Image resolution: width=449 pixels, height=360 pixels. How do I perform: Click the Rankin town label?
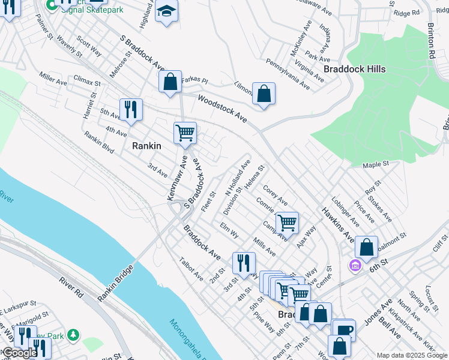(x=146, y=145)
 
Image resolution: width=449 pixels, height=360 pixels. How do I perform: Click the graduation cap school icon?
(x=166, y=12)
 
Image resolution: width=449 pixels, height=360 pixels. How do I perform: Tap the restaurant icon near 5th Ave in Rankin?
(x=131, y=109)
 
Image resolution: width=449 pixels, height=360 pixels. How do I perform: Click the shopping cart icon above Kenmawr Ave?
(x=185, y=132)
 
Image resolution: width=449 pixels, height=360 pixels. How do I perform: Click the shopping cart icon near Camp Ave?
(x=288, y=223)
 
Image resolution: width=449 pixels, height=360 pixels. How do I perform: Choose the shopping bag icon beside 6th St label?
(x=366, y=247)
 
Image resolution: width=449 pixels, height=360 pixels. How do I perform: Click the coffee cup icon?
(x=345, y=329)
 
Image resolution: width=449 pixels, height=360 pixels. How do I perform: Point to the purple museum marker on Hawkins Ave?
(x=355, y=265)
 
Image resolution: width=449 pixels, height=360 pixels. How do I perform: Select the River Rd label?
(x=71, y=289)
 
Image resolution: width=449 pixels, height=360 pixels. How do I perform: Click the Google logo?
(x=19, y=353)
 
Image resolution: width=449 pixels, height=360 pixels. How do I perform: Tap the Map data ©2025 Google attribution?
(x=411, y=355)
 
